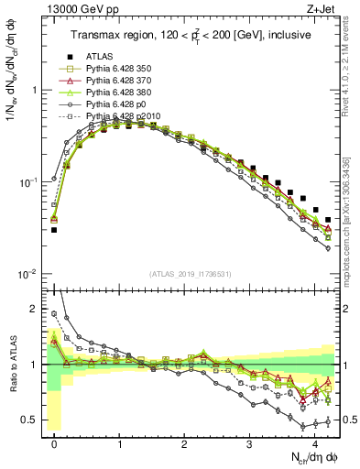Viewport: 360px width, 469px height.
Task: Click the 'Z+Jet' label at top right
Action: [320, 9]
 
